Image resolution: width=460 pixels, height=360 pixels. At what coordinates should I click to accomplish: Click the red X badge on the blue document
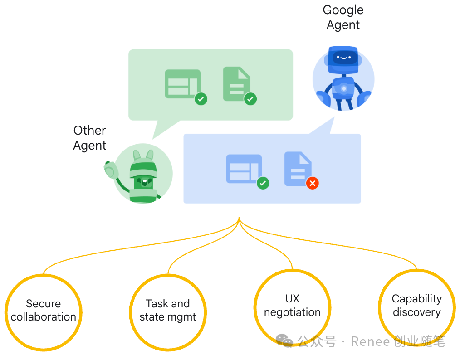312,183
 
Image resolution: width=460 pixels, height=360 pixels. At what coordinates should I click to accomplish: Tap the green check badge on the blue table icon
263,183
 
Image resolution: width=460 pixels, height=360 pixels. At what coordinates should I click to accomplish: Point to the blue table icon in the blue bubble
244,169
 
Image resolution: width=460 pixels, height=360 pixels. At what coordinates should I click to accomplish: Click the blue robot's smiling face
343,58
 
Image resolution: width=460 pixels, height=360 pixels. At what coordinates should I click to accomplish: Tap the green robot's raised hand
110,170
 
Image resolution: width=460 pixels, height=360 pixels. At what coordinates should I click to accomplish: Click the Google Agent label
343,17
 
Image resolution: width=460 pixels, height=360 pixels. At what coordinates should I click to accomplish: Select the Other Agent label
90,138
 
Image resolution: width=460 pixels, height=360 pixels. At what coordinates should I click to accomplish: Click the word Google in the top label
343,10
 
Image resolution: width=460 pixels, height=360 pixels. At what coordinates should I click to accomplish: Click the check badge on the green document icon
250,99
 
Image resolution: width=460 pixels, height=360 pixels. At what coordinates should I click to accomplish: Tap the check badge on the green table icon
201,99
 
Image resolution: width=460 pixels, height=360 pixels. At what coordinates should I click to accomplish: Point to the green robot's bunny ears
143,155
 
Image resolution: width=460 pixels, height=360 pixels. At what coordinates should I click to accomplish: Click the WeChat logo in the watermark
284,341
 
